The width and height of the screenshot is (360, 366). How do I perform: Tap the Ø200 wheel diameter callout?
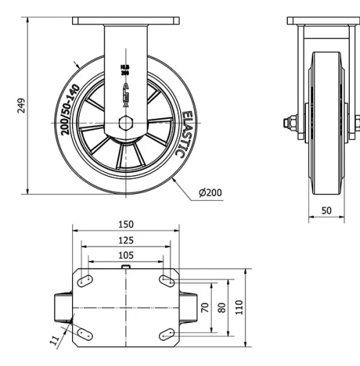(x=209, y=192)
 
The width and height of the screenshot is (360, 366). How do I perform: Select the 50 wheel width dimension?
(x=327, y=210)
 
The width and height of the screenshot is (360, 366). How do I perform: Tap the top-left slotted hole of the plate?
(x=85, y=280)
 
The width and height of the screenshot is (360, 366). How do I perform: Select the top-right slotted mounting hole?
(x=166, y=280)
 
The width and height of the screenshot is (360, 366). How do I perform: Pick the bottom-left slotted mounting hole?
(x=85, y=331)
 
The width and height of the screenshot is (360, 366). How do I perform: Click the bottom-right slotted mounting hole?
(x=166, y=331)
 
